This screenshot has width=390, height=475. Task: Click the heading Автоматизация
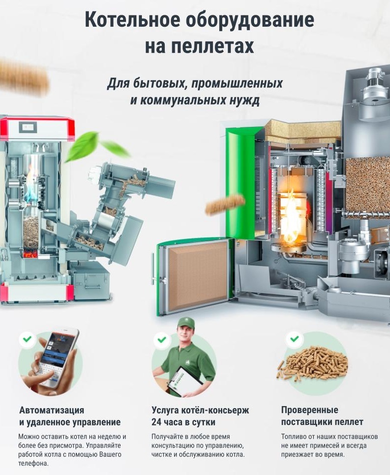[x=52, y=410]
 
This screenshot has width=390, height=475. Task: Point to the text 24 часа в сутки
[x=183, y=422]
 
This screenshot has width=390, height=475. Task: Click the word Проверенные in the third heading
[x=310, y=410]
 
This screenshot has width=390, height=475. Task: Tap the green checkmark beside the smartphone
[x=27, y=339]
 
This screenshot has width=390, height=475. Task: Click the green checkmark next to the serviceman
[x=162, y=339]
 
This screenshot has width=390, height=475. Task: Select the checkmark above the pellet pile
[x=294, y=339]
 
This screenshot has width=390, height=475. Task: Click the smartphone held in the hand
[x=59, y=357]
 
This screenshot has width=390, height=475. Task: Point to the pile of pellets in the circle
[x=313, y=363]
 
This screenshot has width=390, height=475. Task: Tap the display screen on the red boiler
[x=28, y=127]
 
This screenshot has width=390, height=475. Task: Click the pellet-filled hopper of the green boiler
[x=367, y=185]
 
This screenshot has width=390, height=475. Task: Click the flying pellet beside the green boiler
[x=225, y=204]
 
